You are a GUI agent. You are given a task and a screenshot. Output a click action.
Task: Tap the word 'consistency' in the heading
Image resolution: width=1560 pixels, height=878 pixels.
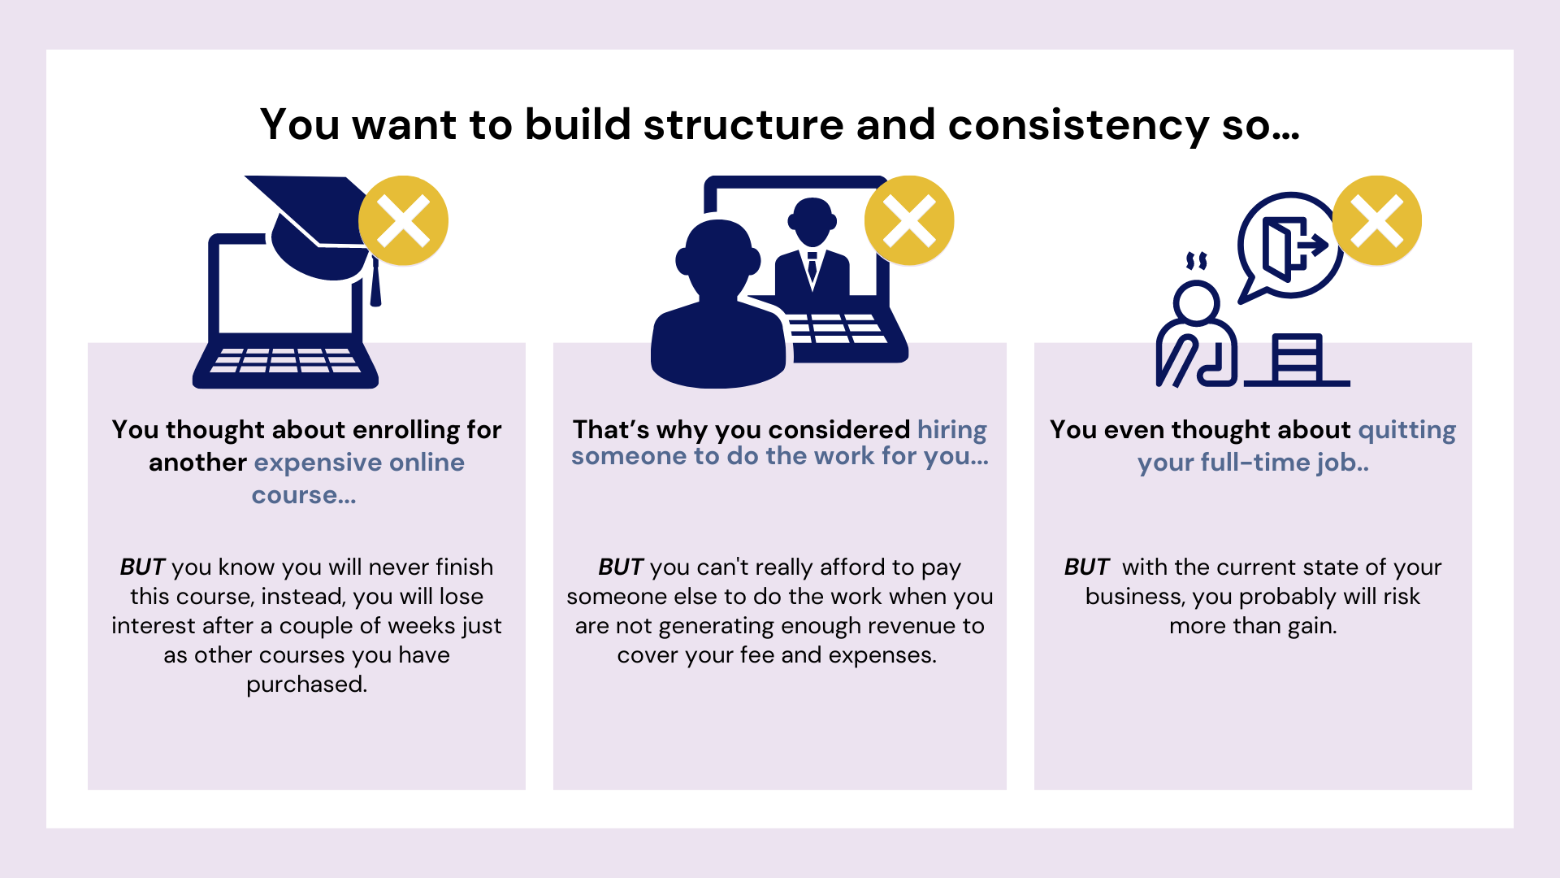pos(1078,127)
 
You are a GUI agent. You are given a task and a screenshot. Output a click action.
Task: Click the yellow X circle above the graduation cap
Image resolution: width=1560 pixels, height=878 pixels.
pos(404,220)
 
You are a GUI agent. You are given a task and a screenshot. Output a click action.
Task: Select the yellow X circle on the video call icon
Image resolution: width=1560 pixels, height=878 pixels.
pos(909,220)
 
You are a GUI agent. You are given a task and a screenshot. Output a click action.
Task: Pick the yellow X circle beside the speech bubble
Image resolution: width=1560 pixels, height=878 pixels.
pos(1377,220)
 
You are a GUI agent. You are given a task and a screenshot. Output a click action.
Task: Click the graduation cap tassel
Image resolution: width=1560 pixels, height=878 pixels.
pos(375,282)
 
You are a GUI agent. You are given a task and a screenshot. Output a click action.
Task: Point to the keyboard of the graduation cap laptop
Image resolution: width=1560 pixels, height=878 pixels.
pos(285,360)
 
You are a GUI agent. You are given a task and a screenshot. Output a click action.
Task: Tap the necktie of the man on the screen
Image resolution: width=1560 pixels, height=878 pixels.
pos(812,267)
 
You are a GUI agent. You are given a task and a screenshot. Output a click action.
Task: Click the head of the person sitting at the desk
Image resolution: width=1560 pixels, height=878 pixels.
pos(1197,302)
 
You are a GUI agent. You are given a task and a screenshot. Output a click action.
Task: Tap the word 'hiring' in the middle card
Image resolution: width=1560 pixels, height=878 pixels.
pos(952,430)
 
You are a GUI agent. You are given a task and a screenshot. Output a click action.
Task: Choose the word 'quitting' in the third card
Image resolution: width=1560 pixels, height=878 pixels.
pos(1407,430)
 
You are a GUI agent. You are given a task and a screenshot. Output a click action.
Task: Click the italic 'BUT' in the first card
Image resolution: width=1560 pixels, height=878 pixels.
pos(142,567)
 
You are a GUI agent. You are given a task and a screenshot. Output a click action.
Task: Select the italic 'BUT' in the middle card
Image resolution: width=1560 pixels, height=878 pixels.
pos(621,567)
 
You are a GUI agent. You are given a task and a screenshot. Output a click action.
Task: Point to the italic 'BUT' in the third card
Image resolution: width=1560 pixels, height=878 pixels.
pos(1086,567)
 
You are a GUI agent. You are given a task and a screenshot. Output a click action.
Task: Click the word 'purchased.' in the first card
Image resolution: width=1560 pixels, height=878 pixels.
pos(307,685)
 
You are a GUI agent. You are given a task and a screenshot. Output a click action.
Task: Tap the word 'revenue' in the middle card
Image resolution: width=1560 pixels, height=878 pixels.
pos(886,626)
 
